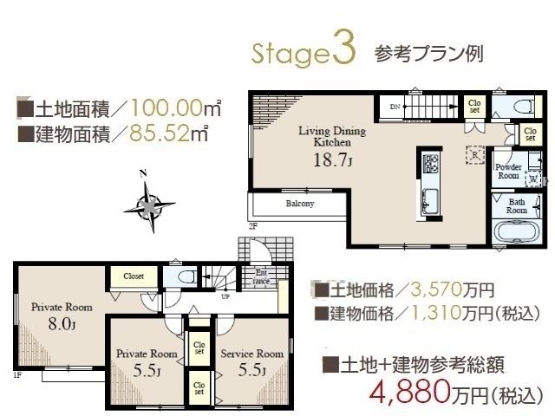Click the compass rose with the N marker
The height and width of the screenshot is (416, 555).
(x=149, y=205)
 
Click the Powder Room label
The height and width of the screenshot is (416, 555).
(x=507, y=171)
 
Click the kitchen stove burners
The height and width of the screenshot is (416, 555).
(x=431, y=162)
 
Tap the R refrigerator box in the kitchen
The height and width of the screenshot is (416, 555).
(x=474, y=154)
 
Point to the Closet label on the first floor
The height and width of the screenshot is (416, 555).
(x=133, y=276)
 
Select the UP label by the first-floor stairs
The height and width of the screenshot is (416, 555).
(x=226, y=296)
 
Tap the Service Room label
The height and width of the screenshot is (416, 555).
(x=251, y=354)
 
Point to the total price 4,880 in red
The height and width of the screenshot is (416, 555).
(x=409, y=392)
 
